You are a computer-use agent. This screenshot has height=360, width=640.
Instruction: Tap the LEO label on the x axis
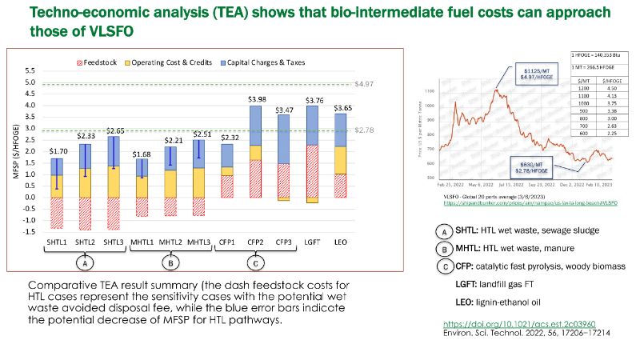pos(342,240)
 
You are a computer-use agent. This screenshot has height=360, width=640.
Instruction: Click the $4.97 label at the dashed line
pos(365,84)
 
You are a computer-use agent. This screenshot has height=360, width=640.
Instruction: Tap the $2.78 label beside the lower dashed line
pos(365,128)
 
